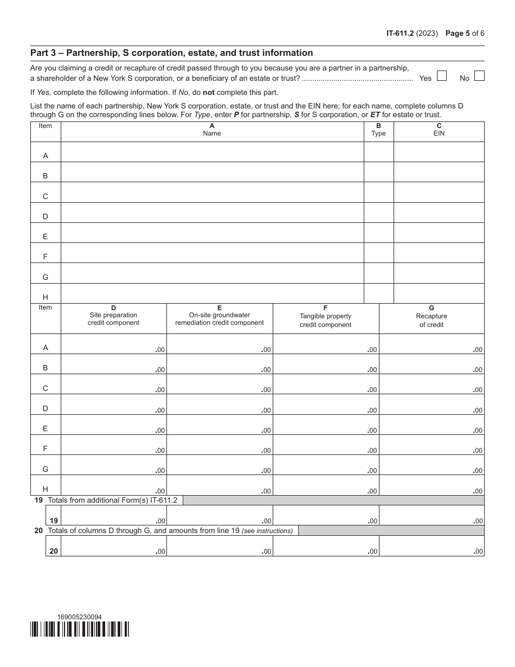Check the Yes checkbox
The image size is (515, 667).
441,76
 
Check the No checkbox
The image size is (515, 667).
479,76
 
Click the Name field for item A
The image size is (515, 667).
212,152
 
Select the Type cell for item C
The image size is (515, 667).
378,193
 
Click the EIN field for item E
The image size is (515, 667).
439,233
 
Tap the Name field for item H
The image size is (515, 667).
212,293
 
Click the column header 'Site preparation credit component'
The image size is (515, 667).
113,318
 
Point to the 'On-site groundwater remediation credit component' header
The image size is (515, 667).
219,318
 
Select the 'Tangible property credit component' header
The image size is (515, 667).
325,318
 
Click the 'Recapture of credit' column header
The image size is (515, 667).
432,318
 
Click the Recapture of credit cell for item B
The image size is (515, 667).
432,364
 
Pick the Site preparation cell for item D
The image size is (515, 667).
113,405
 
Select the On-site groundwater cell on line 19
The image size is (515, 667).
219,516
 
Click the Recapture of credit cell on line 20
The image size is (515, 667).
432,546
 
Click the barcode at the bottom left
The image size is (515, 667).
80,629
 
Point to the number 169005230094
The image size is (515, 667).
79,617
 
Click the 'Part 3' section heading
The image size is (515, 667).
171,53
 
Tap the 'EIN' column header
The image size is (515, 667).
439,130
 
